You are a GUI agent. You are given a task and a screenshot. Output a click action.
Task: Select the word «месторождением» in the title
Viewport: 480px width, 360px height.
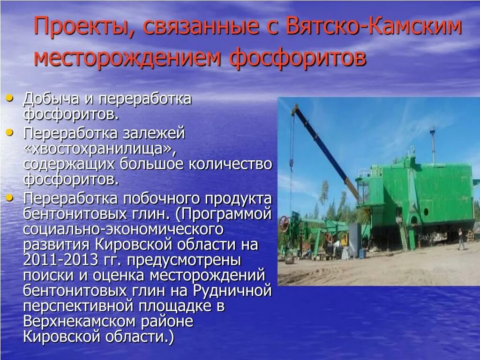pyautogui.click(x=127, y=57)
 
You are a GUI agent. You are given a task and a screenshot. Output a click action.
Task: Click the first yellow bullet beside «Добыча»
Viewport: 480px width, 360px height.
pyautogui.click(x=10, y=99)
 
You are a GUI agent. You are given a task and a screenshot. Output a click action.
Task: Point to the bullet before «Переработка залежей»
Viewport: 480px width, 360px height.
pyautogui.click(x=10, y=133)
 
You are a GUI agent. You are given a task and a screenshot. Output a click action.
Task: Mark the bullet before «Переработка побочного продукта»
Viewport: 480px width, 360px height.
pyautogui.click(x=10, y=198)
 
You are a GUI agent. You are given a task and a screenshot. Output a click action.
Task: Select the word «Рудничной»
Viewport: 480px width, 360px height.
pyautogui.click(x=232, y=291)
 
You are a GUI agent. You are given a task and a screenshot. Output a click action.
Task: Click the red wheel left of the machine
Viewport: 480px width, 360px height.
pyautogui.click(x=284, y=224)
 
